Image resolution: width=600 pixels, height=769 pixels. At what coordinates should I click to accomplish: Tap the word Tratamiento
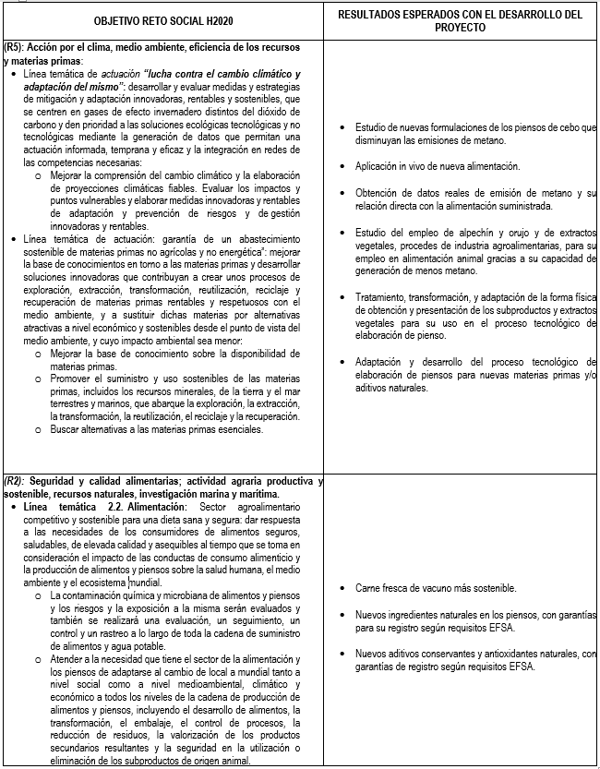382,297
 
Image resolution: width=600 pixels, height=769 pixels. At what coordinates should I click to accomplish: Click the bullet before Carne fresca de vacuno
342,588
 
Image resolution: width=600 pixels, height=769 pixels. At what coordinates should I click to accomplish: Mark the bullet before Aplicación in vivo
342,166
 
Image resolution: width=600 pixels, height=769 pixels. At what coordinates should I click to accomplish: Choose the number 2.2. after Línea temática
108,507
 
